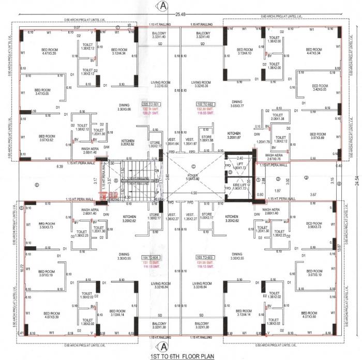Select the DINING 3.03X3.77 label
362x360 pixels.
coord(237,104)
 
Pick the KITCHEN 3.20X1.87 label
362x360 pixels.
coord(234,135)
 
